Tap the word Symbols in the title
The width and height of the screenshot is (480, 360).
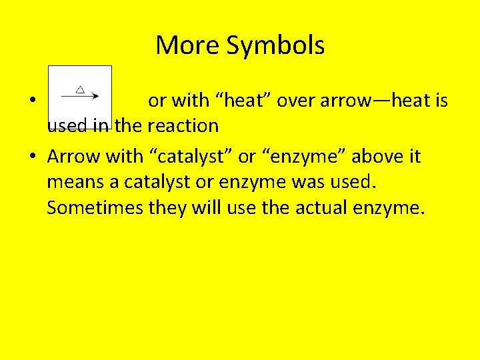(x=275, y=45)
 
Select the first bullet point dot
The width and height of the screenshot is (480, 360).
(x=32, y=101)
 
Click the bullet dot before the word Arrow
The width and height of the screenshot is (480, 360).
(x=32, y=157)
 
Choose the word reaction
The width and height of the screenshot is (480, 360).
(x=183, y=125)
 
